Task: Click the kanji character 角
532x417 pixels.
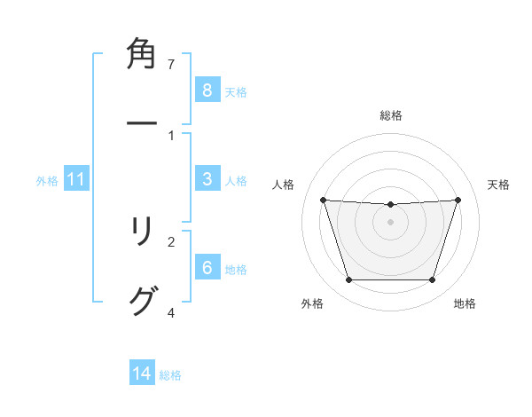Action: pos(143,55)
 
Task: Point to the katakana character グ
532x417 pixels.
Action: pos(143,302)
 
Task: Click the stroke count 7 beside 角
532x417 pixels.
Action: pos(171,65)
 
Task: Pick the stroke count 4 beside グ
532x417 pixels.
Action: pos(171,312)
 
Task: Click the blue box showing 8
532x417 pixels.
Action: pos(207,90)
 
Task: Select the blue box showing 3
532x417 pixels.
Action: pos(207,179)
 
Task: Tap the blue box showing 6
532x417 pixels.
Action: pos(207,268)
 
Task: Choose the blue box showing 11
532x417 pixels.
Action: pos(75,180)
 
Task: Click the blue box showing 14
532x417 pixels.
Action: pos(142,374)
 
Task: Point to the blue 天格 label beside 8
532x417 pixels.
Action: pos(236,91)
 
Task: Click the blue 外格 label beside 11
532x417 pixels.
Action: pos(47,181)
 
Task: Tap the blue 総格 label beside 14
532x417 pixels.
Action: pos(170,375)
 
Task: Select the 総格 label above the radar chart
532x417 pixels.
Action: pos(391,115)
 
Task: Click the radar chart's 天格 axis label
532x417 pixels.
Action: pos(499,185)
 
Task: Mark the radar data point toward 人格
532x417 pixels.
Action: pos(323,200)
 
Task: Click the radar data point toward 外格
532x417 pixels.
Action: pos(348,280)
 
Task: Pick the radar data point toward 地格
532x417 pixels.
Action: pos(433,280)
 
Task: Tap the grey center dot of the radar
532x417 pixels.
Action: pos(390,222)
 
